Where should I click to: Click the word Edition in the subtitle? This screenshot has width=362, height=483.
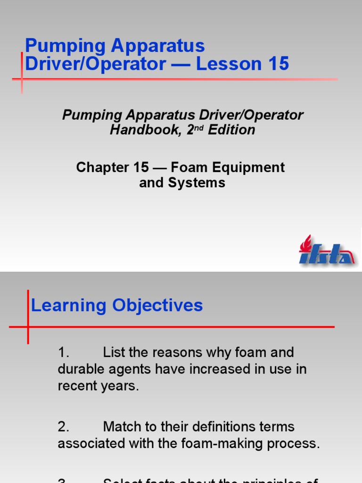coord(231,130)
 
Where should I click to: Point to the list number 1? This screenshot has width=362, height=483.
coord(64,352)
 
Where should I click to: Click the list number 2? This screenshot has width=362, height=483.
coord(64,427)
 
